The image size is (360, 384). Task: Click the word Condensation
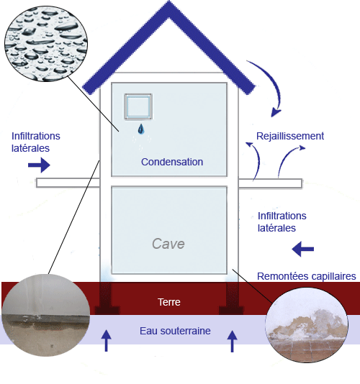tap(172, 162)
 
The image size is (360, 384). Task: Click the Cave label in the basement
tap(168, 244)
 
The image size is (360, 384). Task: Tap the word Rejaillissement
tap(290, 136)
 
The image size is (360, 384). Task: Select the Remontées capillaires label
tap(306, 276)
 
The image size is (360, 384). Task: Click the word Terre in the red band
tap(168, 303)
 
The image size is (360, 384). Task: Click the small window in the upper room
tap(138, 107)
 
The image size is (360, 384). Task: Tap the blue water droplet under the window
tap(141, 129)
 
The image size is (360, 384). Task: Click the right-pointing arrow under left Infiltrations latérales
tap(38, 165)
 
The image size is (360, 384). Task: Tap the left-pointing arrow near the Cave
tap(303, 250)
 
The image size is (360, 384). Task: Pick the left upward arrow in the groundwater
tap(107, 339)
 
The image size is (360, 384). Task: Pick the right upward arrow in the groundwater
tap(232, 339)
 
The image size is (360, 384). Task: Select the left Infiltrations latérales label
tap(36, 142)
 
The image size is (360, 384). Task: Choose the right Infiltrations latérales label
tap(282, 221)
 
